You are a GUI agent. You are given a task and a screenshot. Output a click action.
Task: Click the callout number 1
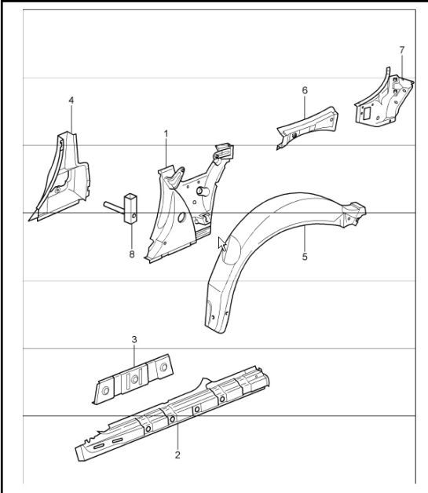pyautogui.click(x=166, y=134)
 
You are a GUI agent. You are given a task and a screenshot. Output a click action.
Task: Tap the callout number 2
pyautogui.click(x=177, y=455)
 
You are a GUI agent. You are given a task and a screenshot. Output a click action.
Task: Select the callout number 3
pyautogui.click(x=134, y=339)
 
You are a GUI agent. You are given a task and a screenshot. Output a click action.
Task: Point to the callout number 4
pyautogui.click(x=71, y=100)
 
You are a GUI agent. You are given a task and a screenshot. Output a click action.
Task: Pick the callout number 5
pyautogui.click(x=304, y=256)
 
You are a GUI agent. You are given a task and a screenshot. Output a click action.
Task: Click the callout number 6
pyautogui.click(x=304, y=90)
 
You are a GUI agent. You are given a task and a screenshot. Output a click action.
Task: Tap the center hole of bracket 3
pyautogui.click(x=134, y=379)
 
